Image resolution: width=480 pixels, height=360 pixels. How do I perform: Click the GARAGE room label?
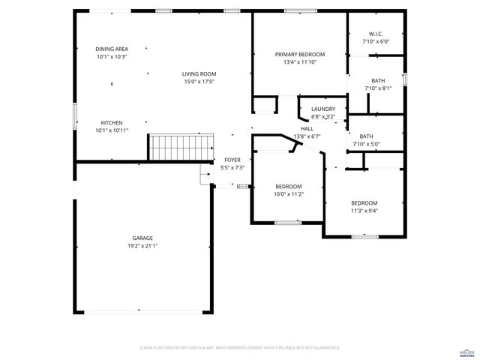pos(142,238)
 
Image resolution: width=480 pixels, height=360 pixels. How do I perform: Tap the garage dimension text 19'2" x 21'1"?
pos(142,245)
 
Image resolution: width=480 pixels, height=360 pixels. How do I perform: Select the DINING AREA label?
pos(112,49)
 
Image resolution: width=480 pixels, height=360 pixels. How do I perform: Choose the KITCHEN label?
pos(112,123)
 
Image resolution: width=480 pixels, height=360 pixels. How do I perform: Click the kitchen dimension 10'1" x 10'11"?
pos(112,130)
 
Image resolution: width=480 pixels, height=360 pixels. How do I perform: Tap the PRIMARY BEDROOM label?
pos(300,55)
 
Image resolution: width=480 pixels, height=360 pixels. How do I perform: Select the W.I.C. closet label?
pos(376,34)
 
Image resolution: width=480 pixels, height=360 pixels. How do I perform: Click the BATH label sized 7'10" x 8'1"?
pos(377,80)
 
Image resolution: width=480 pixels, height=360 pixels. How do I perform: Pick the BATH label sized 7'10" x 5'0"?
pos(377,136)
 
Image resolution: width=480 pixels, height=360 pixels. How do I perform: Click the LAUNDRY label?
pos(323,109)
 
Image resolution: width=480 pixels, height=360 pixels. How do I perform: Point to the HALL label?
pos(307,129)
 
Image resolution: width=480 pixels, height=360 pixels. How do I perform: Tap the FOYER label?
pos(232,160)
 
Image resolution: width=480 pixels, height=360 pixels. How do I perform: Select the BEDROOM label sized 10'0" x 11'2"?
pos(289,187)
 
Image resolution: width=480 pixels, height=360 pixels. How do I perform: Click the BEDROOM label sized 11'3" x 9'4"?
pos(364,203)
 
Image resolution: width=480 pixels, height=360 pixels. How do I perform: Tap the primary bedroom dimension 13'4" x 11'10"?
pos(300,62)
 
